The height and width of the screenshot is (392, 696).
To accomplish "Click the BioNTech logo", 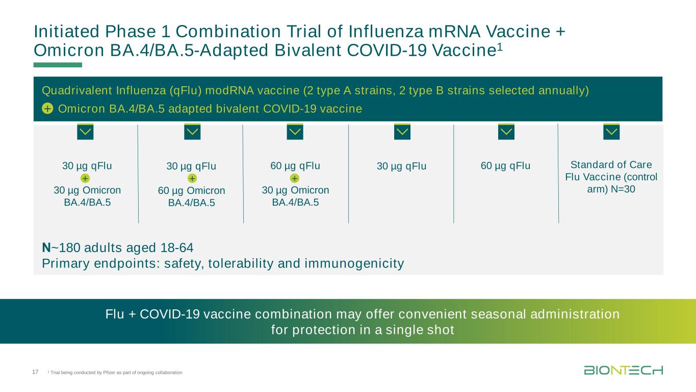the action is click(624, 370).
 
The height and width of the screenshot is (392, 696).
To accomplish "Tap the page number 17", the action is click(35, 372).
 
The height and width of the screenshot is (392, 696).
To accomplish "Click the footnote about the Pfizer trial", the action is click(115, 373).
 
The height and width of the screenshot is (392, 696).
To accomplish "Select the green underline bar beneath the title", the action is click(58, 65).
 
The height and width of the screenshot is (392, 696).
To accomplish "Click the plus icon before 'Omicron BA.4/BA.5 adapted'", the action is click(47, 109).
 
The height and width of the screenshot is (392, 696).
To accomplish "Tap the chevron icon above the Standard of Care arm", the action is click(611, 132).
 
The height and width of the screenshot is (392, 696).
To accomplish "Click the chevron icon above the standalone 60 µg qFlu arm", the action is click(506, 132).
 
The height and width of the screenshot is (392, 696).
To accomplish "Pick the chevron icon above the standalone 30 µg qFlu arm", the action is click(402, 132).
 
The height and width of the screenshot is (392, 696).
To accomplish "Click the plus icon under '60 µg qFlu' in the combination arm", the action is click(295, 178).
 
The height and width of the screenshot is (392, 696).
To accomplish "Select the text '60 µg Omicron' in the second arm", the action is click(191, 190).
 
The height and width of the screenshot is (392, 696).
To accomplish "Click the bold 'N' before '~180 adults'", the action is click(46, 248).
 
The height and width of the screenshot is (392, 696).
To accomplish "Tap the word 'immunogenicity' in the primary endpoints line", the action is click(354, 263).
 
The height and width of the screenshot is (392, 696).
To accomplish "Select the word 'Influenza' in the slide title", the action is click(385, 32).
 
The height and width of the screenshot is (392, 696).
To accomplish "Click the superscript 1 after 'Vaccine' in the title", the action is click(500, 46).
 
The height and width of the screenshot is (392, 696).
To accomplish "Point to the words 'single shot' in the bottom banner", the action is click(420, 330).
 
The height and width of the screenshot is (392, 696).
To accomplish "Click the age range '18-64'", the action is click(177, 248).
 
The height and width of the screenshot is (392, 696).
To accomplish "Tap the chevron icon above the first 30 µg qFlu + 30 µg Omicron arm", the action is click(85, 132).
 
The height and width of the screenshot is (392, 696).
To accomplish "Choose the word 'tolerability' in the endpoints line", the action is click(241, 263).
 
